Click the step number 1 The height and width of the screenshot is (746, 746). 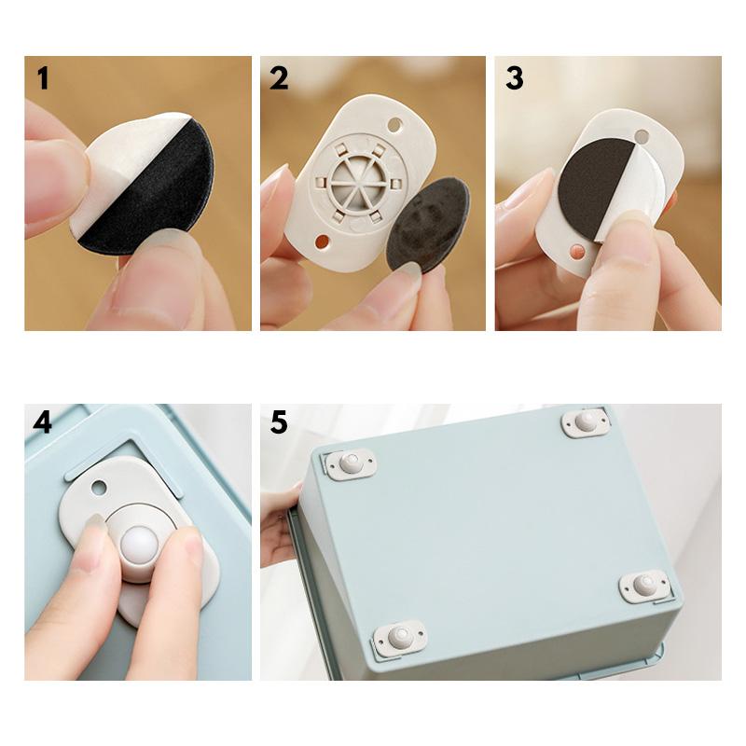click(x=43, y=78)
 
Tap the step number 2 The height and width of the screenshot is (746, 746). click(x=279, y=78)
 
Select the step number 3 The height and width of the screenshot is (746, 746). click(x=515, y=78)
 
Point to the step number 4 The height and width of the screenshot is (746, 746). click(x=42, y=421)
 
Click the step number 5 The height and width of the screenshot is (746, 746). click(x=279, y=421)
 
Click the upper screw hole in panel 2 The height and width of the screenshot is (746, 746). click(x=394, y=125)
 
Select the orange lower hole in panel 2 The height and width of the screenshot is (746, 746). click(x=322, y=242)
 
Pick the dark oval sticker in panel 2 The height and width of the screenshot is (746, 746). click(x=428, y=226)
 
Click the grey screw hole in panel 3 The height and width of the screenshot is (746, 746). click(x=642, y=137)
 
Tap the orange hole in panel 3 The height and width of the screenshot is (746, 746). click(x=576, y=251)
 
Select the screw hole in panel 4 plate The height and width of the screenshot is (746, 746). click(x=99, y=487)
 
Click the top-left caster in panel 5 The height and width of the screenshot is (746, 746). click(x=351, y=463)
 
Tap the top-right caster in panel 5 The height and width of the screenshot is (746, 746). click(x=586, y=422)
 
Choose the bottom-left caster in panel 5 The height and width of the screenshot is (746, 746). click(x=400, y=638)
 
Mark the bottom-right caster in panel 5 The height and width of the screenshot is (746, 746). click(x=645, y=586)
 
